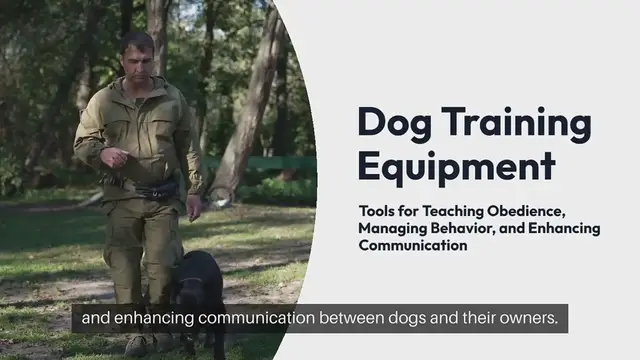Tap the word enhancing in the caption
tap(146, 319)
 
